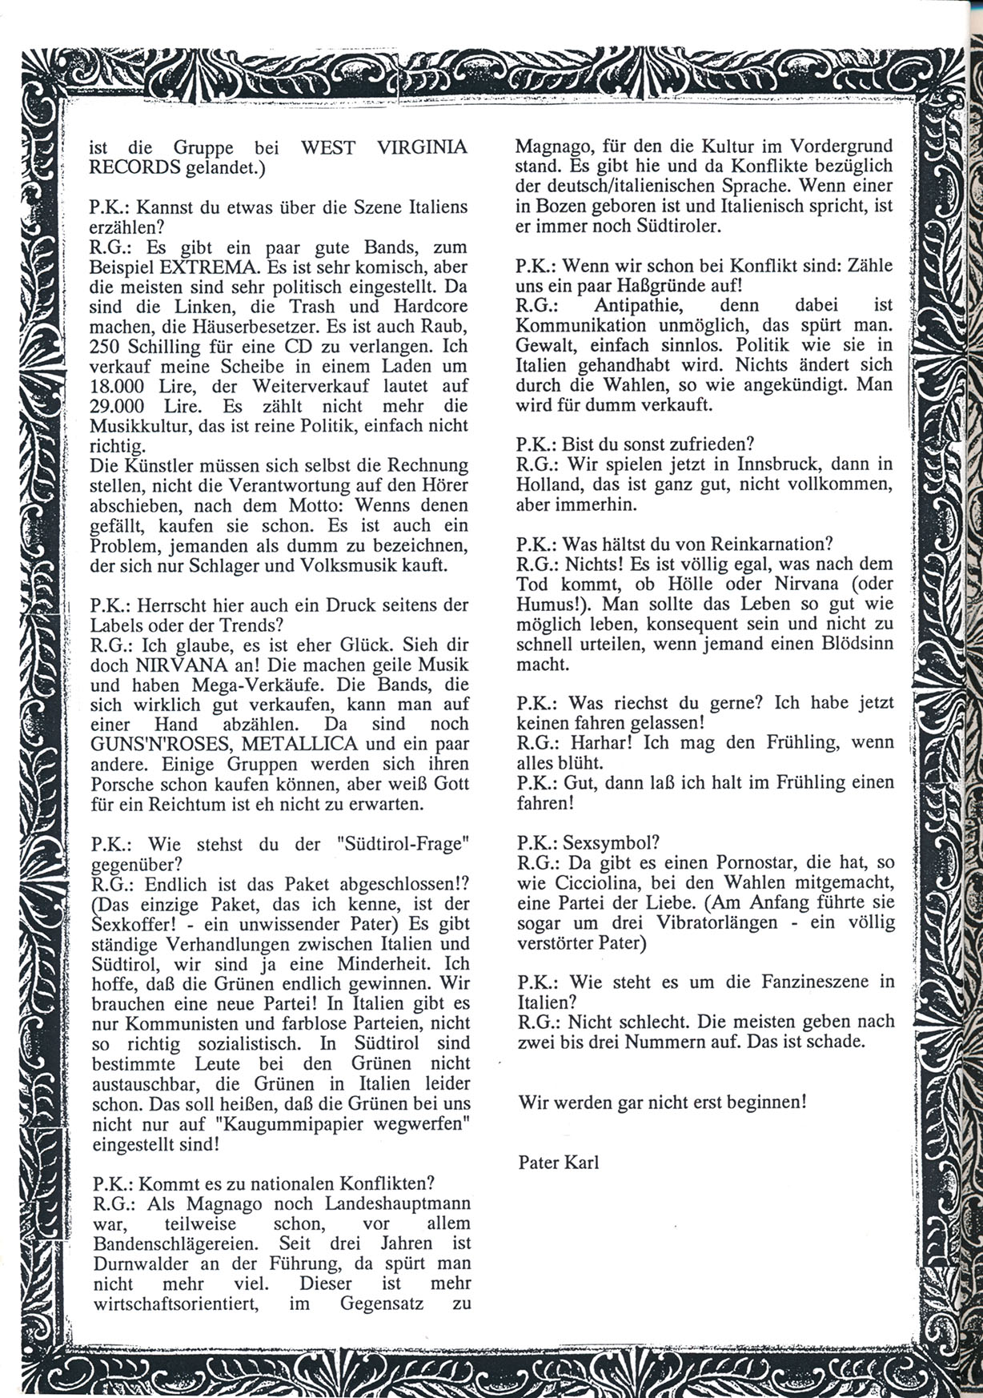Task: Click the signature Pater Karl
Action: (558, 1162)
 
